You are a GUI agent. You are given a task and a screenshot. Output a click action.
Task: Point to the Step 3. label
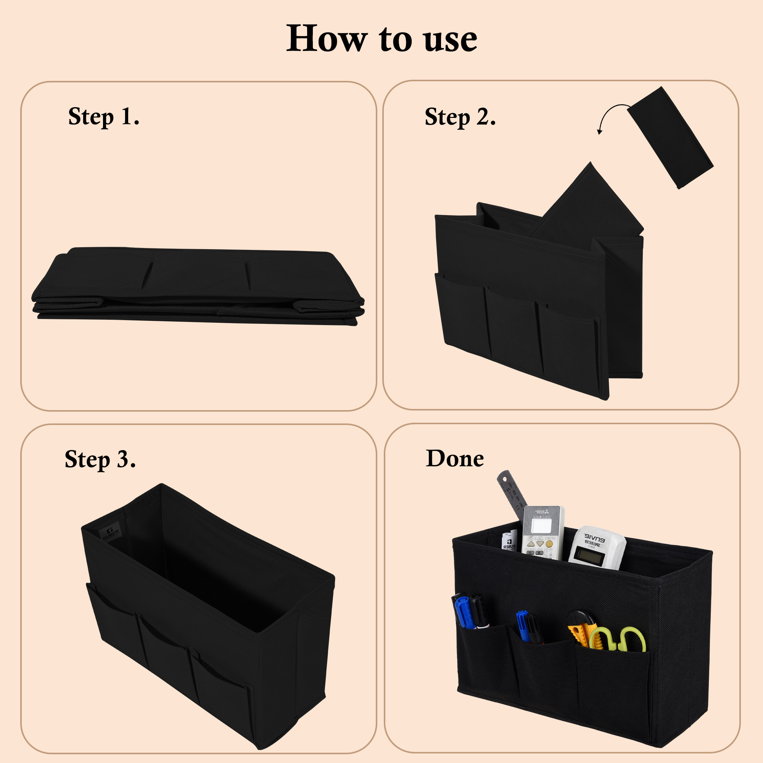tap(100, 459)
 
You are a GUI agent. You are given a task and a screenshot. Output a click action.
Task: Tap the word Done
tap(455, 459)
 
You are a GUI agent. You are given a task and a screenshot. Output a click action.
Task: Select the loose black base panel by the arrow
tap(670, 137)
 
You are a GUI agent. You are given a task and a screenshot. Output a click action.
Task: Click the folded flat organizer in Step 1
tap(198, 287)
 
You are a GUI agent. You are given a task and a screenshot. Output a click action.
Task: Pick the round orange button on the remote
tap(549, 544)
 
